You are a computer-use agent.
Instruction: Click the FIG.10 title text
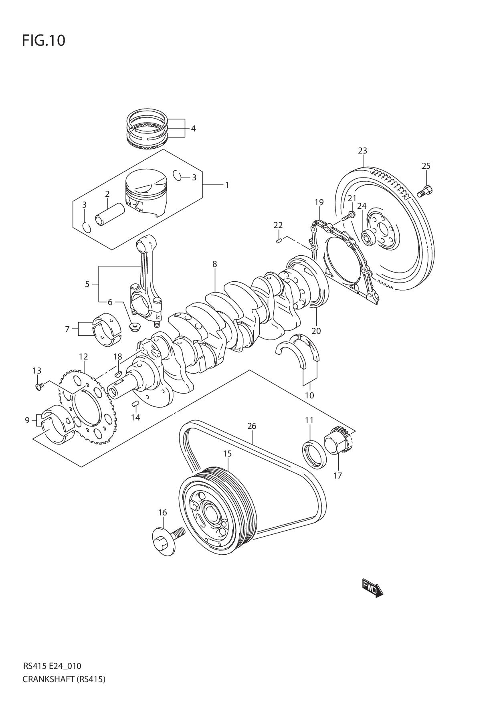(x=43, y=41)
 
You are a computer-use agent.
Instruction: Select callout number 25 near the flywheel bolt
(x=426, y=166)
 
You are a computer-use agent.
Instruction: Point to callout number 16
(x=162, y=512)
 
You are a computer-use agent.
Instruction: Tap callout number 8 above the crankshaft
(x=215, y=264)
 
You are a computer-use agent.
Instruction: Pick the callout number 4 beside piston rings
(x=193, y=129)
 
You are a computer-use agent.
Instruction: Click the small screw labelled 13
(x=39, y=386)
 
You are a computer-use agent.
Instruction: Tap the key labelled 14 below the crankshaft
(x=135, y=403)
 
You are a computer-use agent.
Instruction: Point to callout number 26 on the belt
(x=251, y=426)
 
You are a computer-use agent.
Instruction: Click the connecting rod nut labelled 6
(x=133, y=327)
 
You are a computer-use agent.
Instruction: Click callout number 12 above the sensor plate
(x=83, y=356)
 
